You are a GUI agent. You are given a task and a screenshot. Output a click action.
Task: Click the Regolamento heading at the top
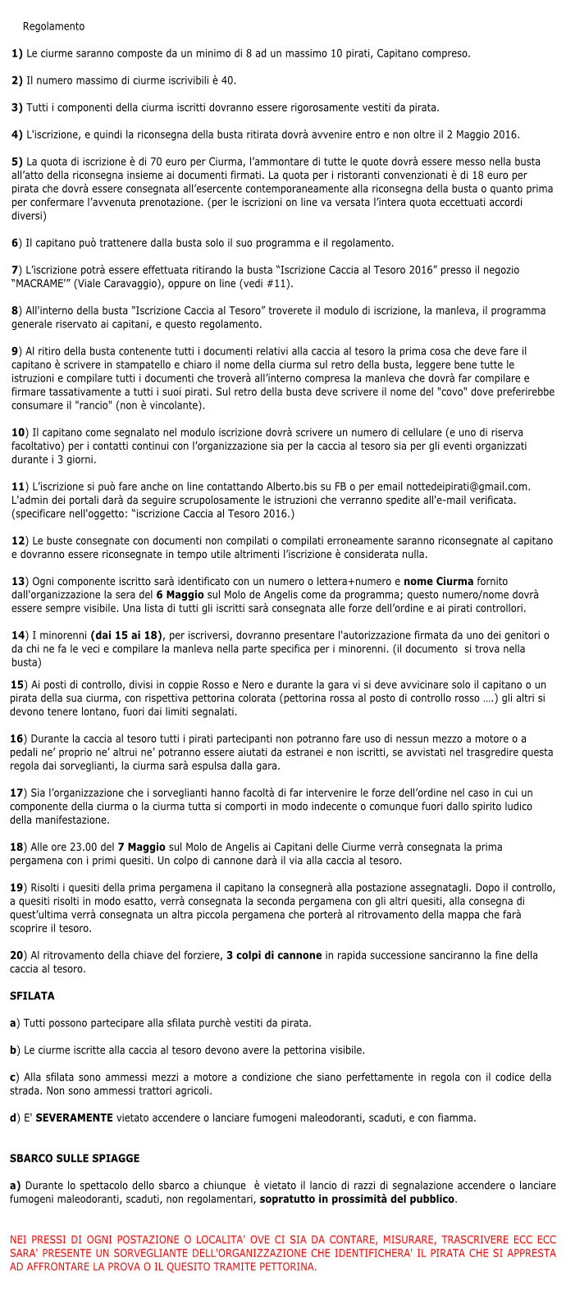[53, 27]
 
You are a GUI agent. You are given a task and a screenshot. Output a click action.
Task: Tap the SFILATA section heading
[32, 996]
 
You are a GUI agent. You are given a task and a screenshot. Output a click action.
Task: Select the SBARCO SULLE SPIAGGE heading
[75, 1159]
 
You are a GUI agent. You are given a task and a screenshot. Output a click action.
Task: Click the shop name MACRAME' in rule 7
[40, 284]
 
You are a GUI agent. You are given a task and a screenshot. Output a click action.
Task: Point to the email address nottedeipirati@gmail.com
[464, 487]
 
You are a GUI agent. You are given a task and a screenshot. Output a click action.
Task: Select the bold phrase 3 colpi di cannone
[275, 956]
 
